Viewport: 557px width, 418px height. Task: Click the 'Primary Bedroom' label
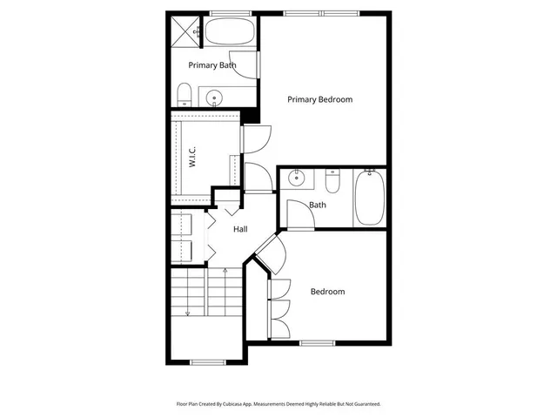coord(320,99)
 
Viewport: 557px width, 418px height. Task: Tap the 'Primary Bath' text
coord(213,65)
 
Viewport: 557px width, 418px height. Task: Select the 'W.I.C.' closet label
coord(192,157)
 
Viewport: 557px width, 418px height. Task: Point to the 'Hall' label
coord(240,229)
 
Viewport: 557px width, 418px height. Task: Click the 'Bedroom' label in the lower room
coord(327,292)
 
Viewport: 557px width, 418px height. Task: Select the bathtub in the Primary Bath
coord(229,34)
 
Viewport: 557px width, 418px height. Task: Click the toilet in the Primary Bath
coord(185,94)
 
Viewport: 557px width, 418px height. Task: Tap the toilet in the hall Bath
coord(332,182)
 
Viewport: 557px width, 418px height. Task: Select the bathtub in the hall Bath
coord(369,198)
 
